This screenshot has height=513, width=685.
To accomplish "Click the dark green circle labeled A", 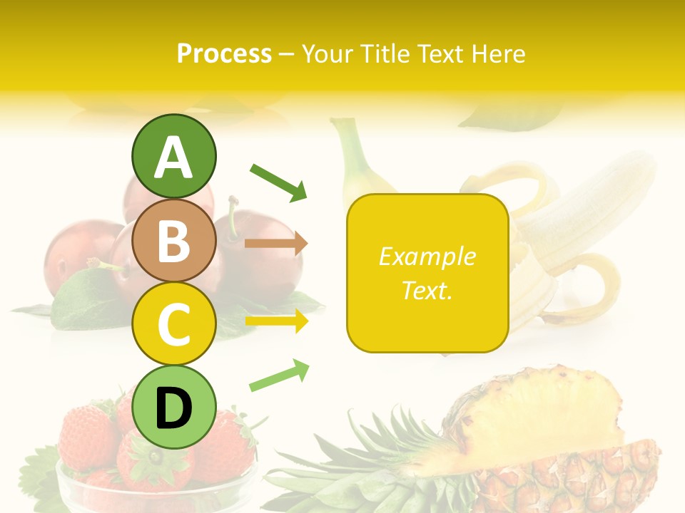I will pyautogui.click(x=173, y=156).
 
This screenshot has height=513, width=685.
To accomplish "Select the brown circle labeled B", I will pyautogui.click(x=173, y=240).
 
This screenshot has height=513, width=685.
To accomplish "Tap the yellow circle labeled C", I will pyautogui.click(x=173, y=323).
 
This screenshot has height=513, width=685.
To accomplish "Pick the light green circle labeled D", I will pyautogui.click(x=173, y=407).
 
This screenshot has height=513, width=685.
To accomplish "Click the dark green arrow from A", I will pyautogui.click(x=278, y=181).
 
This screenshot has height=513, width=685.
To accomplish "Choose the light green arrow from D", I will pyautogui.click(x=279, y=375).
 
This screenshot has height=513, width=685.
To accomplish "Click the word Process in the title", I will pyautogui.click(x=224, y=53).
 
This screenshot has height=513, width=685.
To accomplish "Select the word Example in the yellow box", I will pyautogui.click(x=427, y=256).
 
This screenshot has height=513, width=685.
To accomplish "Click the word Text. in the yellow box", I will pyautogui.click(x=427, y=290).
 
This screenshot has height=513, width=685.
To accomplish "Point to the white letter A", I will pyautogui.click(x=173, y=157).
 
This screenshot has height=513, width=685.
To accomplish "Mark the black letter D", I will pyautogui.click(x=173, y=408).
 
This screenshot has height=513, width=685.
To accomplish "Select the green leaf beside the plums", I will pyautogui.click(x=86, y=299).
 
